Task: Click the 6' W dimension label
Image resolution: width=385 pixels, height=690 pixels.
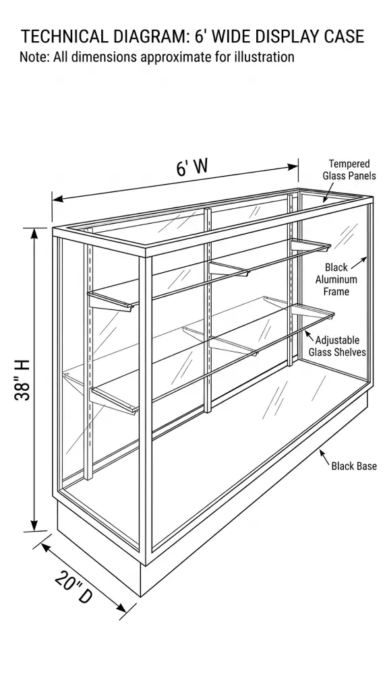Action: (x=192, y=167)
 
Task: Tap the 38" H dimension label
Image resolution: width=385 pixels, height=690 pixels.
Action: (x=22, y=380)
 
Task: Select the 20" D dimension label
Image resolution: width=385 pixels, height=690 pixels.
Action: (x=73, y=588)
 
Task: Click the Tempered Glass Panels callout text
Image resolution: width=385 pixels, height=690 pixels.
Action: (x=349, y=170)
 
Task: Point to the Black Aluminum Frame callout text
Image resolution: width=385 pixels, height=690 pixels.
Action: (x=336, y=279)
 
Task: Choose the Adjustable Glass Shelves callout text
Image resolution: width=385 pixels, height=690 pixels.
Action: (x=337, y=346)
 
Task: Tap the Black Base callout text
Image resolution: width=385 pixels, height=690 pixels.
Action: (x=354, y=466)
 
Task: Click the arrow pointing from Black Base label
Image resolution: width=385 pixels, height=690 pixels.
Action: (x=324, y=458)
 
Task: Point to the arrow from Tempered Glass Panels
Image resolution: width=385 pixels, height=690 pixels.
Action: (x=329, y=191)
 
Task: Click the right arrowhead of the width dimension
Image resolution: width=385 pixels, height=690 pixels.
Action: (x=293, y=167)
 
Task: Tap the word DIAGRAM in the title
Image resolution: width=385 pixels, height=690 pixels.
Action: (x=152, y=36)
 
